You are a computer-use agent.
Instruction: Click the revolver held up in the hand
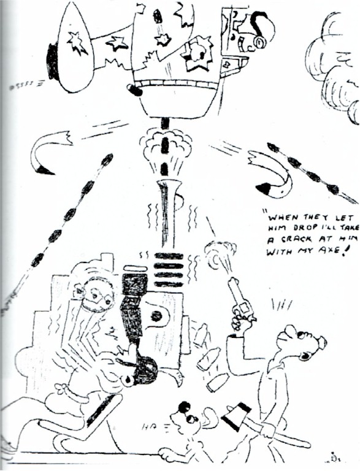240,301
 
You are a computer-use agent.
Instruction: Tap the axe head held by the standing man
236,411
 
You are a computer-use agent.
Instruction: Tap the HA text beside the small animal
151,426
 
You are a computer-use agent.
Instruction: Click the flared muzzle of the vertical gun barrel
168,186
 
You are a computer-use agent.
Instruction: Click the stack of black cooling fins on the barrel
169,270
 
